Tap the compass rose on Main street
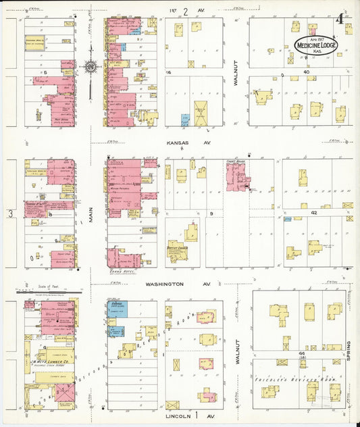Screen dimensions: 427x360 point(90,67)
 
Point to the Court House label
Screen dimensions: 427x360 point(235,162)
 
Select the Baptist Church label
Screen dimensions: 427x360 point(176,249)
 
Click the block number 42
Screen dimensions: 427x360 point(314,212)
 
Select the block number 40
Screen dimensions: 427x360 point(306,72)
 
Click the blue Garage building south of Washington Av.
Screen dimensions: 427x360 point(116,308)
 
